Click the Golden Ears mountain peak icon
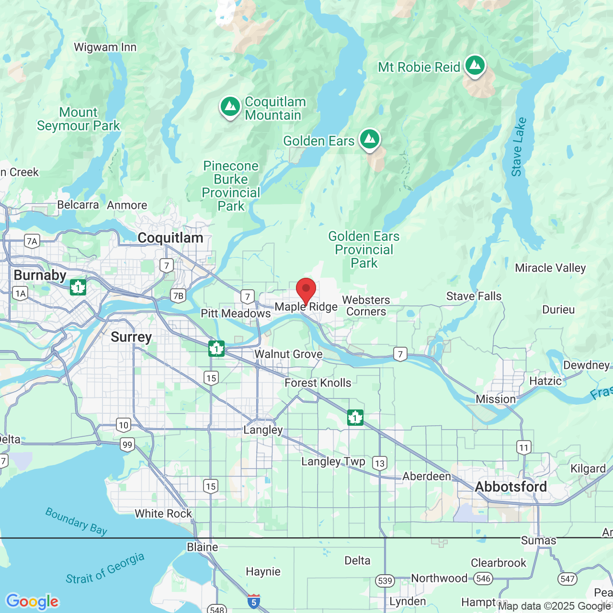click(369, 139)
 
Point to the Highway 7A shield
click(32, 241)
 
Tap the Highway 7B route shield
click(178, 295)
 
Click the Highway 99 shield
click(127, 444)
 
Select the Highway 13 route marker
click(380, 463)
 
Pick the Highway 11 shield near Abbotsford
click(524, 448)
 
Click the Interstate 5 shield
click(254, 602)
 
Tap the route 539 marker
click(385, 581)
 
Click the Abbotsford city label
click(511, 487)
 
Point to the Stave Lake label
click(519, 147)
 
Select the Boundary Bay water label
click(76, 521)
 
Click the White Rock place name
click(163, 513)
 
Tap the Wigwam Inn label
click(105, 47)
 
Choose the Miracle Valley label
click(550, 268)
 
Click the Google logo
click(33, 601)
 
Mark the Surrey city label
click(131, 337)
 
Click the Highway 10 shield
click(124, 425)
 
